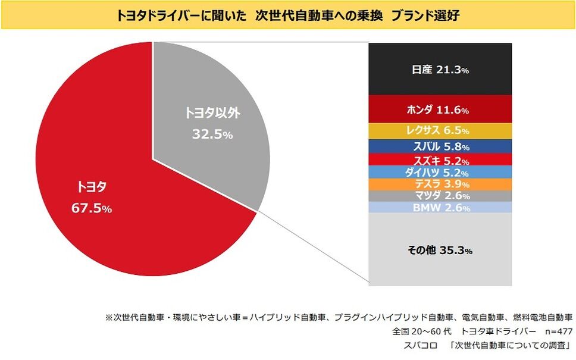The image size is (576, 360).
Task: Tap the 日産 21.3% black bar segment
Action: (440, 70)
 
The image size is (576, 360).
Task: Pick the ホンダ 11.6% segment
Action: (440, 109)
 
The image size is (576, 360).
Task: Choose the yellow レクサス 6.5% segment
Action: (440, 130)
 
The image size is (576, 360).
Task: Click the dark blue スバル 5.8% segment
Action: (440, 146)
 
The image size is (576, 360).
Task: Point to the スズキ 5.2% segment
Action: (440, 160)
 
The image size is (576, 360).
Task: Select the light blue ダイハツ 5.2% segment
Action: (440, 173)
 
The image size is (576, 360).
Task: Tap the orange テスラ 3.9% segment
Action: (440, 184)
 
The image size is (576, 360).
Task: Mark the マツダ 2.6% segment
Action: (440, 196)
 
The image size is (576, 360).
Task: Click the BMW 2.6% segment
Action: (440, 208)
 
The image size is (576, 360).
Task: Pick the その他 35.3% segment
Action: (440, 251)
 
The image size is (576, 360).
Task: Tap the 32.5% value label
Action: (212, 134)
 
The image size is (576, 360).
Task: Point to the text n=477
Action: (554, 331)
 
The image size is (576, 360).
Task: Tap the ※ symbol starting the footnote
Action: (109, 318)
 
